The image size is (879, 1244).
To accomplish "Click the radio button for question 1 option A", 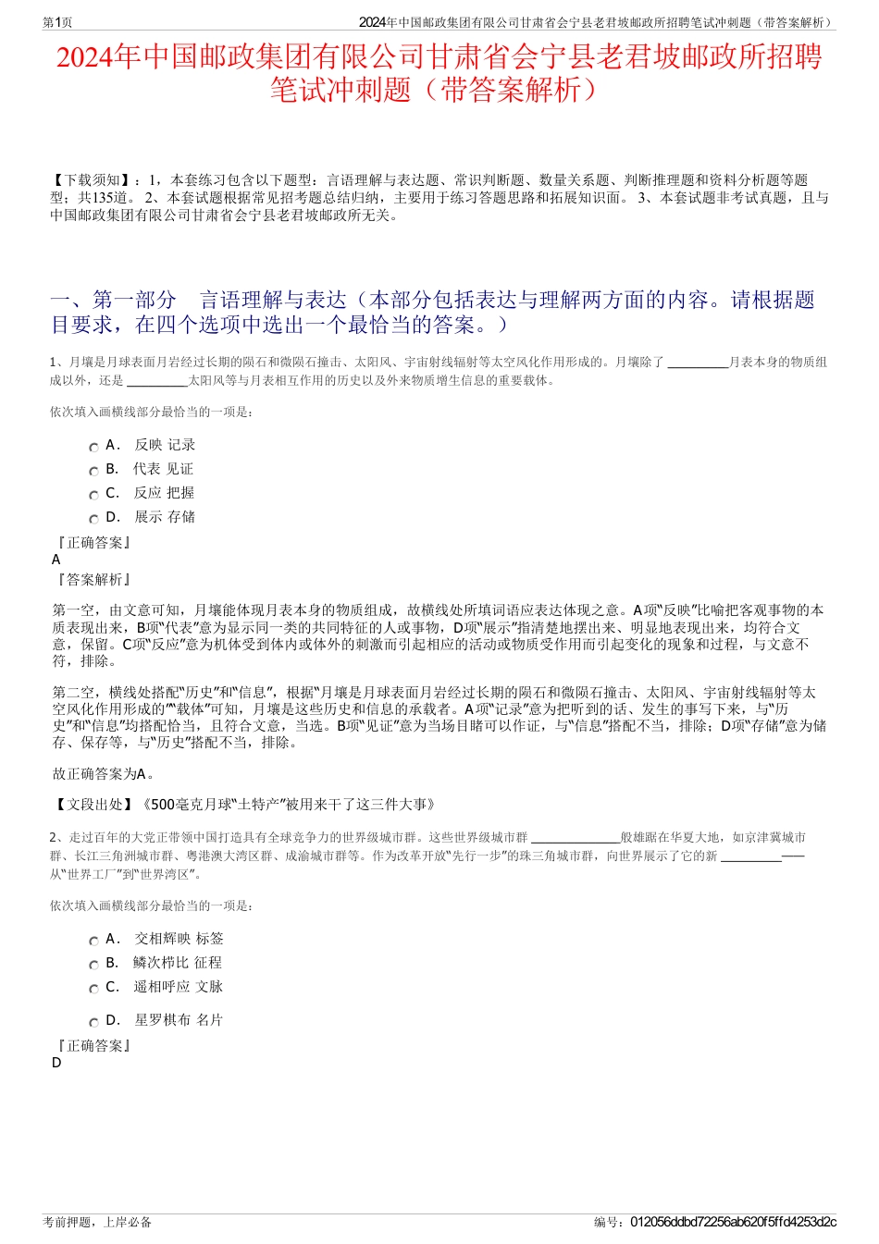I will [93, 448].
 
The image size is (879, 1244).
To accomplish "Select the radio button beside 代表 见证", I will [93, 472].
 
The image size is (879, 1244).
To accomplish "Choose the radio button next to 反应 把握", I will [93, 496].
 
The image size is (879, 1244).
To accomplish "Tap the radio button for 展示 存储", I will [93, 520].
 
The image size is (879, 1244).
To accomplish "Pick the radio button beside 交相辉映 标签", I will [93, 942].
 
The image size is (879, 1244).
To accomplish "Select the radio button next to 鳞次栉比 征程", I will [93, 966].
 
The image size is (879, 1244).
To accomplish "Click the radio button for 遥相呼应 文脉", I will [93, 990].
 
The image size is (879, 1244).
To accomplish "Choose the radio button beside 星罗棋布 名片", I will [93, 1023].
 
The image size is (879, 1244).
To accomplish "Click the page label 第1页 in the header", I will [58, 23].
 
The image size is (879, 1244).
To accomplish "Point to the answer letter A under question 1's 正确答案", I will [56, 560].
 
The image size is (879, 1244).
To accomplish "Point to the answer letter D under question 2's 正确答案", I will [56, 1063].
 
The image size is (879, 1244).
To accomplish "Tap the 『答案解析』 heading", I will [93, 580].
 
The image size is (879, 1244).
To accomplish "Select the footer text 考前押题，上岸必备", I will [97, 1222].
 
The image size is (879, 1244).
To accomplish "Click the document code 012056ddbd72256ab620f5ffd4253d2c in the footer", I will [733, 1222].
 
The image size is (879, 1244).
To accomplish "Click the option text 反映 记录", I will [165, 445].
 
